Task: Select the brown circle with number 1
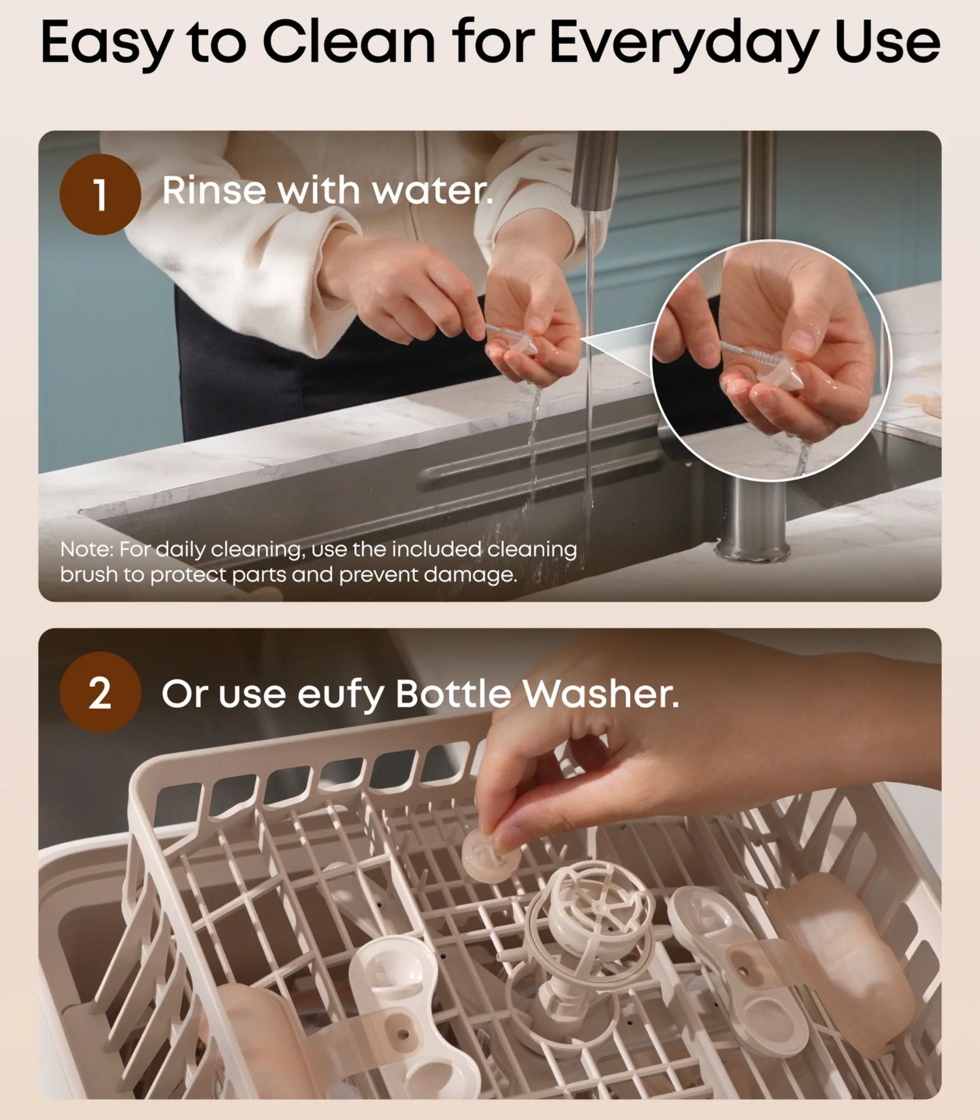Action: pyautogui.click(x=100, y=194)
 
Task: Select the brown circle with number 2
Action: pyautogui.click(x=100, y=693)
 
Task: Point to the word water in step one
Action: pyautogui.click(x=432, y=191)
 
